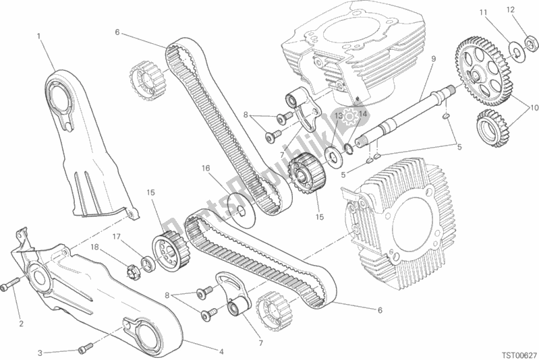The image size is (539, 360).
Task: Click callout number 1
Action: (x=39, y=36)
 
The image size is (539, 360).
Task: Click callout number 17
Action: (x=115, y=236)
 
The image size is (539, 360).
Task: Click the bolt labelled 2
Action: (x=8, y=289)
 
